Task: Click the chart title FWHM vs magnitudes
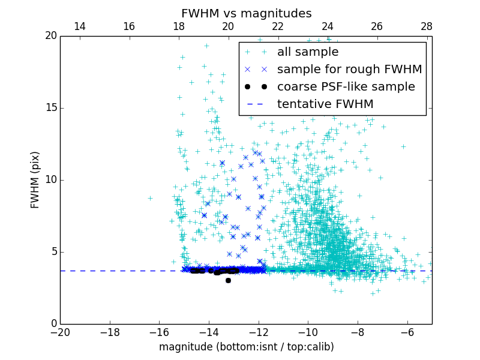(246, 13)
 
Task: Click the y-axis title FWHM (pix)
(35, 180)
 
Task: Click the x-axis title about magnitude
(246, 347)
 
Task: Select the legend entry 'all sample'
(307, 52)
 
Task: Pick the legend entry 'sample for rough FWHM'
(349, 70)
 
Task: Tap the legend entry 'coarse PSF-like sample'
(346, 87)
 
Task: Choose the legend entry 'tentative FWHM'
(325, 104)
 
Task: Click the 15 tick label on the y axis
(50, 108)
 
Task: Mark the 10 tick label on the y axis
(50, 180)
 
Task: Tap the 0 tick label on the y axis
(53, 324)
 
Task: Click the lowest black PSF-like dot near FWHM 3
(228, 280)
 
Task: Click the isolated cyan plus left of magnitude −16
(150, 198)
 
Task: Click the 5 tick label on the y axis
(53, 252)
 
